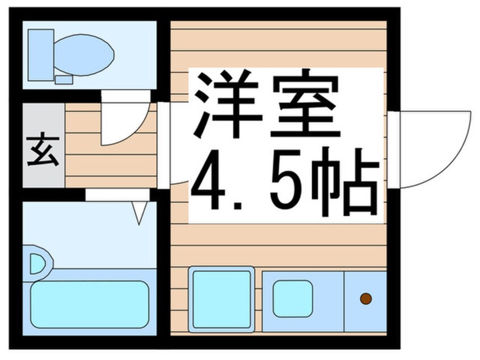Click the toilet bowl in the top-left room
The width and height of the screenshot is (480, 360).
[85, 54]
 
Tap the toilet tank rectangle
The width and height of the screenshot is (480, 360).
[40, 55]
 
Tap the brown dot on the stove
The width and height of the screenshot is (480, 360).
[366, 298]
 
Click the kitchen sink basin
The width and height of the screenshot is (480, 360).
[292, 299]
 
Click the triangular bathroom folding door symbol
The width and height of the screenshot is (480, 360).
[140, 213]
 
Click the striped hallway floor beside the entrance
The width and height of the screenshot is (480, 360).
[111, 165]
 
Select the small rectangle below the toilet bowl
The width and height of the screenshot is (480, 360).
[64, 79]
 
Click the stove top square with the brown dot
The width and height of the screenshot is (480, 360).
[366, 299]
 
